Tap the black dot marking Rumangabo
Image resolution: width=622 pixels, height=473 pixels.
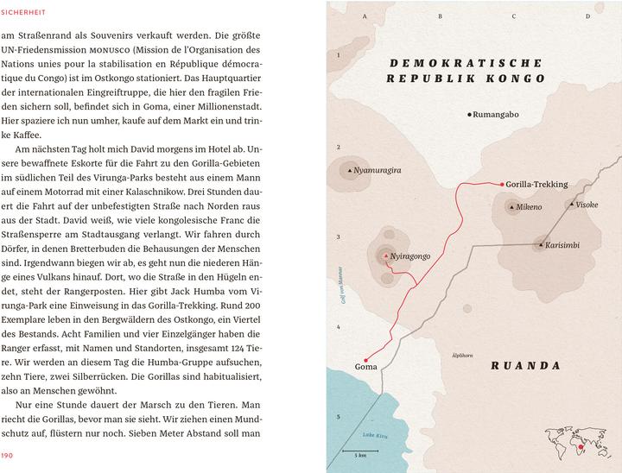[x=469, y=115]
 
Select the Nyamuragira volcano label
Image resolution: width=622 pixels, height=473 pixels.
[x=378, y=171]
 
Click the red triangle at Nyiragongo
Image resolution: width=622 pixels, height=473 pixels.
[x=385, y=256]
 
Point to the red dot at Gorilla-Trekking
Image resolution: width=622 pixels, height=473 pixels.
[x=502, y=184]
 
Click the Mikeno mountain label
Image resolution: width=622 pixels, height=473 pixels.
[x=529, y=208]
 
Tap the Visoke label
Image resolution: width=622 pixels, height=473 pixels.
[x=587, y=205]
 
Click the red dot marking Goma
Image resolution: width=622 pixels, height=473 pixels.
[x=365, y=358]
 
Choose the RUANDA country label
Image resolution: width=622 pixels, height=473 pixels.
[x=526, y=365]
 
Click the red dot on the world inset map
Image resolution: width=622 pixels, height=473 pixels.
[x=581, y=447]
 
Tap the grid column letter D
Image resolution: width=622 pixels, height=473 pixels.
[x=587, y=16]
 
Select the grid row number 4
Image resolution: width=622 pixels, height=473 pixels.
[x=340, y=326]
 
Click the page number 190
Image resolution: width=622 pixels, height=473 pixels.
[x=9, y=454]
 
